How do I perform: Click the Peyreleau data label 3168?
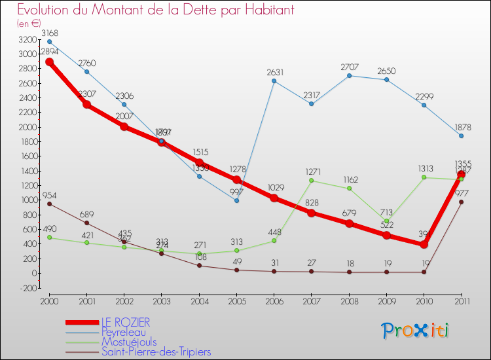click(49, 33)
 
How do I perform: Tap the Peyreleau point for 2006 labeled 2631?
click(274, 81)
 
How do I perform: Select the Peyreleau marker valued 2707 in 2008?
click(349, 76)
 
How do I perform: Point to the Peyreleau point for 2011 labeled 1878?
click(462, 135)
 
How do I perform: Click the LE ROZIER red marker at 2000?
click(49, 62)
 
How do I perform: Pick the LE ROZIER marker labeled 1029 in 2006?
click(274, 198)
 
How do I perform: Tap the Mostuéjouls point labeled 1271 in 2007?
click(312, 180)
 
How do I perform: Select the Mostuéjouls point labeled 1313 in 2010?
click(424, 177)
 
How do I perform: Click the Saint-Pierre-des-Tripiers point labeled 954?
click(49, 204)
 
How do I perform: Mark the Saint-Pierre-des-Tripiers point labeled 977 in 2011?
click(462, 202)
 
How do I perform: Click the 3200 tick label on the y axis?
click(27, 40)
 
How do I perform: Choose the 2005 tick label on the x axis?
click(236, 302)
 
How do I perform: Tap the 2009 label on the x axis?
click(386, 302)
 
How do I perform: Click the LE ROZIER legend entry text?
click(125, 322)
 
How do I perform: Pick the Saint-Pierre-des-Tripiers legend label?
click(156, 351)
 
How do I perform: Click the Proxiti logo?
click(416, 331)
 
